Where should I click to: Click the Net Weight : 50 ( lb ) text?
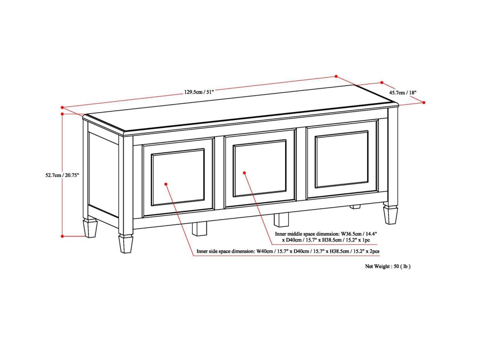pyautogui.click(x=388, y=266)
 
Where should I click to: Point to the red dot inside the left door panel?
pyautogui.click(x=166, y=184)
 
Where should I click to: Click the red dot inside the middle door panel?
pyautogui.click(x=244, y=173)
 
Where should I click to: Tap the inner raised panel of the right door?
pyautogui.click(x=341, y=159)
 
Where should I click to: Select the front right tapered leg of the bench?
pyautogui.click(x=390, y=214)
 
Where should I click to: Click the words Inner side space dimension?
pyautogui.click(x=225, y=252)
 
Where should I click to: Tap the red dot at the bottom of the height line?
pyautogui.click(x=62, y=236)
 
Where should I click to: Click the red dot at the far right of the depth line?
pyautogui.click(x=424, y=102)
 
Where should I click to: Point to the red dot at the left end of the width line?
pyautogui.click(x=62, y=107)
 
